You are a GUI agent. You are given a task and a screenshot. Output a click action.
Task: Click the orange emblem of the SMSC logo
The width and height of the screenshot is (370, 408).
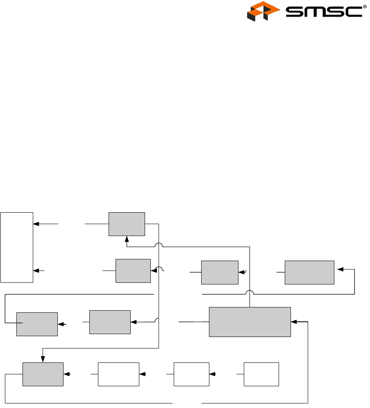coord(261,11)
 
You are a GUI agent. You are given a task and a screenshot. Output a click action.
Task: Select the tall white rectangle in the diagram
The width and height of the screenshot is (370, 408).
coord(16,247)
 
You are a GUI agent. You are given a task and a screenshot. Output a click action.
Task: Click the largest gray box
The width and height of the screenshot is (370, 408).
coord(250,322)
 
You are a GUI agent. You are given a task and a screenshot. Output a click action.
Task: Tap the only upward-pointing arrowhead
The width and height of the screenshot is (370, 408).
coord(127,238)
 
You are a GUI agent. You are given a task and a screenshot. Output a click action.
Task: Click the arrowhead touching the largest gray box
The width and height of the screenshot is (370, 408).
coord(294,322)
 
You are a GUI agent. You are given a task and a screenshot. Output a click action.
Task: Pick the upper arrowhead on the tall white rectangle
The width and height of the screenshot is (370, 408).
coord(36,224)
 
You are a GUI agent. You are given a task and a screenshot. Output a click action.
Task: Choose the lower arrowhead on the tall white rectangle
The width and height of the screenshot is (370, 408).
coord(36,271)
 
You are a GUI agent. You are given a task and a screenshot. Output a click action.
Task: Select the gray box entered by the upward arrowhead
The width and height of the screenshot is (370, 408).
coord(127,224)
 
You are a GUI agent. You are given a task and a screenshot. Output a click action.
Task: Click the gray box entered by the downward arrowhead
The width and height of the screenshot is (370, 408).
coord(43,374)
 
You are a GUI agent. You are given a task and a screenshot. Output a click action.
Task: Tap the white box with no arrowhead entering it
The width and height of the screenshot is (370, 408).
coord(261,374)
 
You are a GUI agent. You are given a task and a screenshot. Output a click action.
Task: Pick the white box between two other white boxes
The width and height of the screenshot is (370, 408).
coord(191,374)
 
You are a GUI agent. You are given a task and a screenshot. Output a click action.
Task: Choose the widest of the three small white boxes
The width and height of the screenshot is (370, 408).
coord(118,374)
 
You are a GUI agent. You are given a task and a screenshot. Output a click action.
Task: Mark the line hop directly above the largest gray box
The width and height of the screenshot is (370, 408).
coord(250,293)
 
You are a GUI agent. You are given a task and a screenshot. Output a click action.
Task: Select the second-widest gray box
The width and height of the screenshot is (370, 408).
coord(309,272)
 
